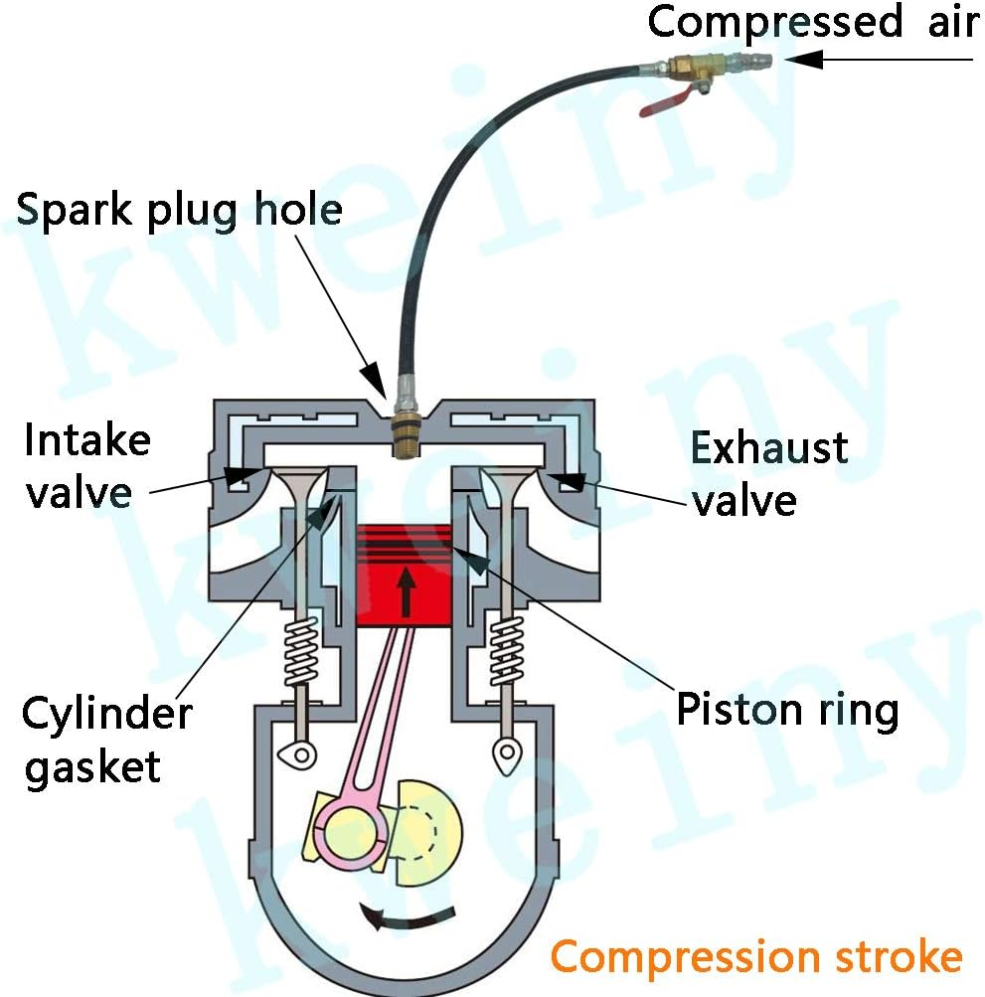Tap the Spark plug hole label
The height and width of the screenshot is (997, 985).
tap(179, 210)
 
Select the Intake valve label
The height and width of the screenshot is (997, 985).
tap(86, 465)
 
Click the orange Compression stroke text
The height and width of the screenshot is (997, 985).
tap(756, 957)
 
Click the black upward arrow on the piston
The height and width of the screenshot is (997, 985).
tap(405, 590)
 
